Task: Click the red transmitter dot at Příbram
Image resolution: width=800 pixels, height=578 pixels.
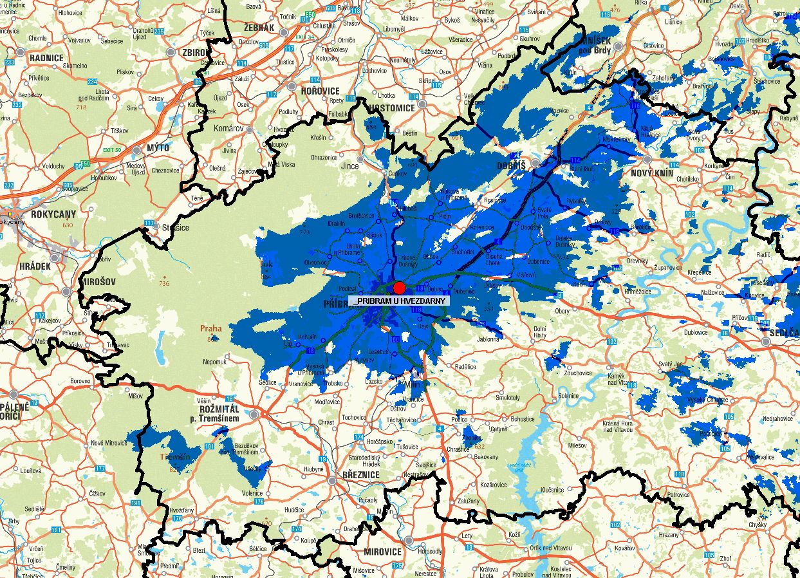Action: (400, 288)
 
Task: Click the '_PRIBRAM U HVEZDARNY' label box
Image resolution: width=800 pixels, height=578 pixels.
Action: (401, 301)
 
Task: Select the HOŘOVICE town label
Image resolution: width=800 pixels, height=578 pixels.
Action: (321, 91)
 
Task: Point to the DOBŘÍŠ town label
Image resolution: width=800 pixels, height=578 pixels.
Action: (512, 165)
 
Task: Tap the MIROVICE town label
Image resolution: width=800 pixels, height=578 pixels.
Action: (382, 552)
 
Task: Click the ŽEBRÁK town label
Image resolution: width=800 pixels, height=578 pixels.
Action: (259, 28)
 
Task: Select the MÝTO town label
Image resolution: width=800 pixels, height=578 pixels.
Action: (158, 148)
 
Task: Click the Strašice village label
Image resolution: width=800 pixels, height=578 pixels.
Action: (175, 227)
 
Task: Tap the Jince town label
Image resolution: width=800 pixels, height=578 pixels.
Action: (349, 166)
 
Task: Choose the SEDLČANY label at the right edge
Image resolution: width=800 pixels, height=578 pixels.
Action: (785, 332)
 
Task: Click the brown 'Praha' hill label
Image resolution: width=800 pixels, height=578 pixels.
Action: (210, 328)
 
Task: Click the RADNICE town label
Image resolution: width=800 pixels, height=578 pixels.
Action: (46, 58)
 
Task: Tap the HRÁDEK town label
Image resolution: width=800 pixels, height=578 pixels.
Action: (35, 265)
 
